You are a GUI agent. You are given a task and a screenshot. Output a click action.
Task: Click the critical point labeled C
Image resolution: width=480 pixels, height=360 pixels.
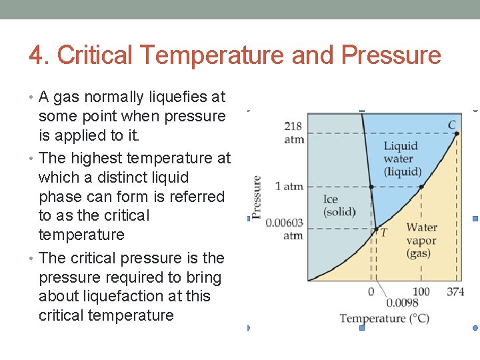click(452, 125)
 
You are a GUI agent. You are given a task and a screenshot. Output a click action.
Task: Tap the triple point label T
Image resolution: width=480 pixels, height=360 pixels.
click(383, 233)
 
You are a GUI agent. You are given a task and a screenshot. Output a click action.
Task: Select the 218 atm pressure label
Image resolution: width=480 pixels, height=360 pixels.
click(293, 133)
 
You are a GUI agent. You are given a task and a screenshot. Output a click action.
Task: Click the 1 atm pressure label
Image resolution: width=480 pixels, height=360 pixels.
click(289, 186)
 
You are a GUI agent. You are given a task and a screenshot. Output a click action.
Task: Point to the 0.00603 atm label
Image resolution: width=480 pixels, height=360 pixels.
click(285, 229)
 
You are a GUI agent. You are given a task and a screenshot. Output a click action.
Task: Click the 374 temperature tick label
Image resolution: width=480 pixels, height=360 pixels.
click(455, 292)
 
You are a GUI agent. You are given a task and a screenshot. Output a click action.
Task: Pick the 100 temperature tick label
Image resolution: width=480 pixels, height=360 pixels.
click(421, 292)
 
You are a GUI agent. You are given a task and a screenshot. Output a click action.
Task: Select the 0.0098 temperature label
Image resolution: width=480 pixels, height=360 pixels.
click(403, 303)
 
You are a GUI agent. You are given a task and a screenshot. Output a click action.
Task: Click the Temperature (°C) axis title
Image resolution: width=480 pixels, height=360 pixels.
click(384, 318)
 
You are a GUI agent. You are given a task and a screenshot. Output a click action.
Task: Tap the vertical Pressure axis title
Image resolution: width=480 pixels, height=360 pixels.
click(257, 197)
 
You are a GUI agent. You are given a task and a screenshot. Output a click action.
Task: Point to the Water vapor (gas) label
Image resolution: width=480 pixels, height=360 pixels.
click(421, 241)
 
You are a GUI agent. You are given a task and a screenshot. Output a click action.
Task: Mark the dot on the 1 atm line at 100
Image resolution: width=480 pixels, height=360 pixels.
click(421, 187)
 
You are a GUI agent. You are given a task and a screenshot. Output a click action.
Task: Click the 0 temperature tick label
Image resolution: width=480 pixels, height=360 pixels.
click(371, 292)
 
